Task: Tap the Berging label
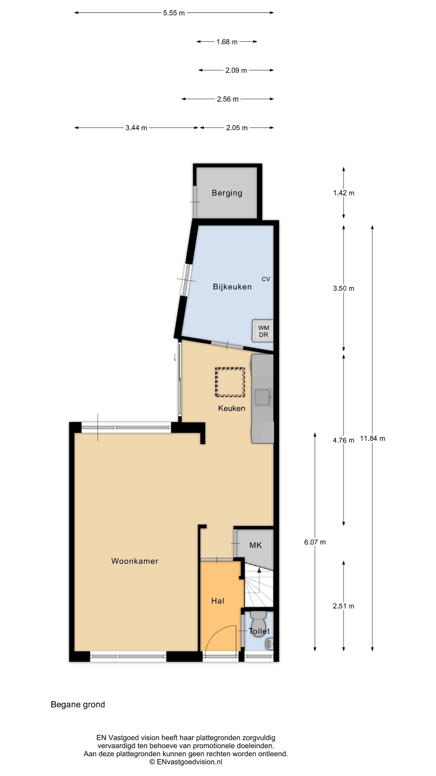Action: coord(227,193)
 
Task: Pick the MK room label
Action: coord(256,545)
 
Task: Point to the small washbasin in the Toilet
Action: coord(269,644)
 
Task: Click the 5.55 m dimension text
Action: coord(174,13)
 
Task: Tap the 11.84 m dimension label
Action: coord(372,438)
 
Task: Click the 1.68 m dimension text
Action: coord(227,42)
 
